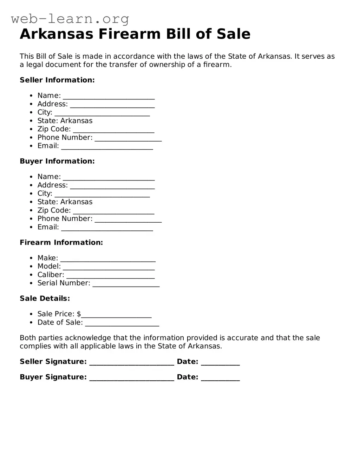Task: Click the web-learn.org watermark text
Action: click(x=70, y=19)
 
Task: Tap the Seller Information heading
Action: click(x=57, y=80)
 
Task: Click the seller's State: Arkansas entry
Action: click(x=65, y=121)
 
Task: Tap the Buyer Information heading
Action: click(x=57, y=161)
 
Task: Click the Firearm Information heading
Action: click(x=61, y=242)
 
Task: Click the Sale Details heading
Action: click(x=45, y=298)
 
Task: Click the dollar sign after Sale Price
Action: click(x=79, y=314)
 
